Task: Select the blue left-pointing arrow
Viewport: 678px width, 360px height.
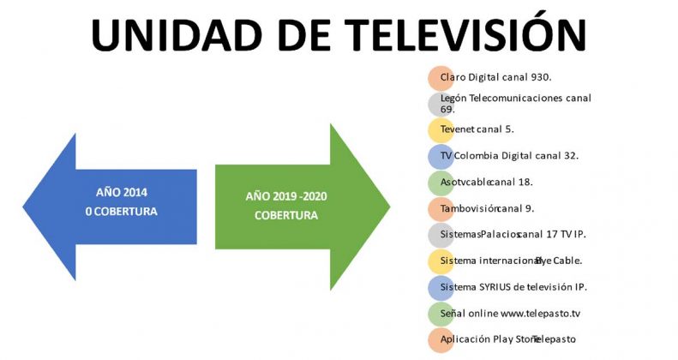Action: coord(110,207)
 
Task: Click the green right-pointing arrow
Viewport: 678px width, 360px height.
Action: coord(303,207)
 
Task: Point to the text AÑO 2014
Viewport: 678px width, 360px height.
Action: coord(122,192)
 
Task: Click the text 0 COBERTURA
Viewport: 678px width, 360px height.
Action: coord(122,212)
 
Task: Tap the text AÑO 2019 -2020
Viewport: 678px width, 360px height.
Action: coord(286,196)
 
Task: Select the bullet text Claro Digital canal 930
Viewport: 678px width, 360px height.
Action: coord(496,77)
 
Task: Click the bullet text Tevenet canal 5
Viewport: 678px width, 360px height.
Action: coord(477,129)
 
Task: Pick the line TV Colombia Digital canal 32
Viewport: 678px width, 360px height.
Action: coord(509,156)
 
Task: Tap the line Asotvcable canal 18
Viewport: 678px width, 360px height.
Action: coord(487,182)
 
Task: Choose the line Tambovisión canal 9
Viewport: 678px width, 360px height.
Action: coord(488,208)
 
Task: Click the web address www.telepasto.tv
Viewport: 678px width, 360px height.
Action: coord(541,314)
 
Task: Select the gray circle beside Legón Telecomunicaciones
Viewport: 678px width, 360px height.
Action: coord(441,105)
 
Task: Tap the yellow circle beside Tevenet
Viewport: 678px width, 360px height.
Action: coord(441,130)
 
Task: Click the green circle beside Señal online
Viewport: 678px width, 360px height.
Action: coord(441,315)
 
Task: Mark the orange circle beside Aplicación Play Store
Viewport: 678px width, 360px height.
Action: coord(441,340)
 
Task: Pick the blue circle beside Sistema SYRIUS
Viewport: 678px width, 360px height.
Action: coord(441,288)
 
